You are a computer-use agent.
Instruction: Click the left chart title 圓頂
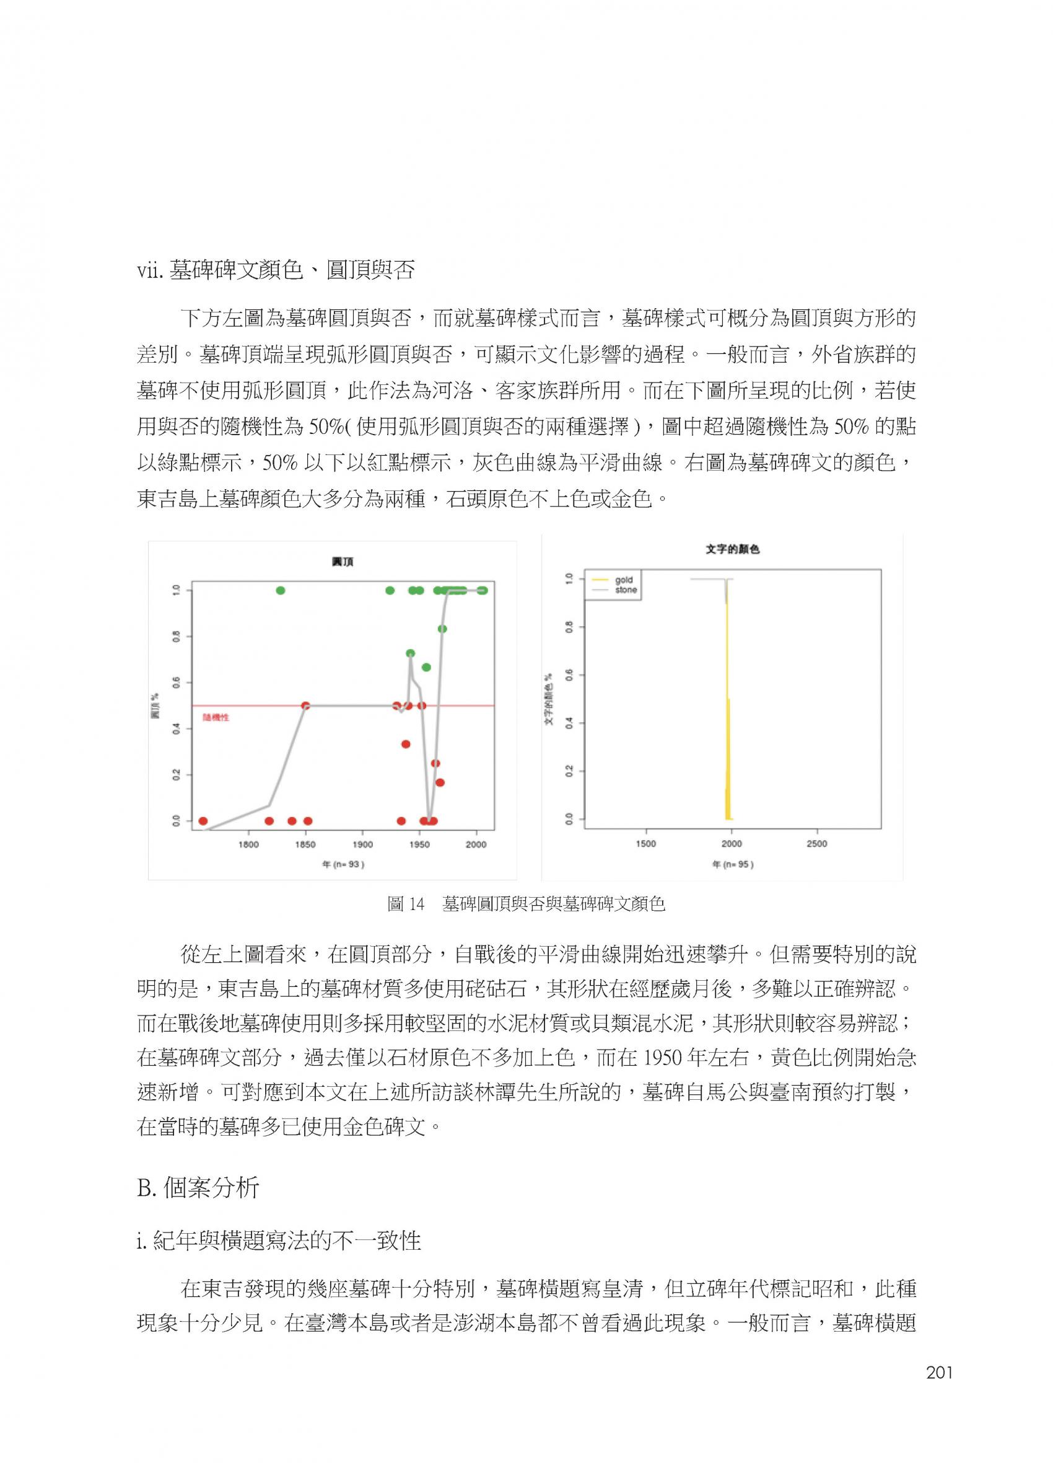(343, 562)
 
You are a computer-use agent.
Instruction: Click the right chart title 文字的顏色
(732, 549)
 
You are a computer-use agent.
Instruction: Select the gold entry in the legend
(624, 580)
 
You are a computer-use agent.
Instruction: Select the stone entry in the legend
(626, 590)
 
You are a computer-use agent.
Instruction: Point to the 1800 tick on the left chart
(248, 844)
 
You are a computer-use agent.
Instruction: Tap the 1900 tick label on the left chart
(362, 844)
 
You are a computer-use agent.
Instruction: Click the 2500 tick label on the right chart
(817, 843)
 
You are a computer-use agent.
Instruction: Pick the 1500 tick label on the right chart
(646, 843)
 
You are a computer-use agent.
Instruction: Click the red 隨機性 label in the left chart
(216, 717)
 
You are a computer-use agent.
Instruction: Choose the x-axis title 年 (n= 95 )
(733, 865)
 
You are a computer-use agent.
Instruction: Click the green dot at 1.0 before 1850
(280, 590)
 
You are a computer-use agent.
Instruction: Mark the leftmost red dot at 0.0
(203, 821)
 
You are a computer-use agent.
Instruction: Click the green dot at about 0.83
(443, 629)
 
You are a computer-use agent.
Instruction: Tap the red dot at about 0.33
(406, 744)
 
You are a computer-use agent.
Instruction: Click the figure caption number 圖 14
(405, 904)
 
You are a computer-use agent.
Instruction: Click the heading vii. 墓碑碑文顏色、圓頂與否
(276, 270)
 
